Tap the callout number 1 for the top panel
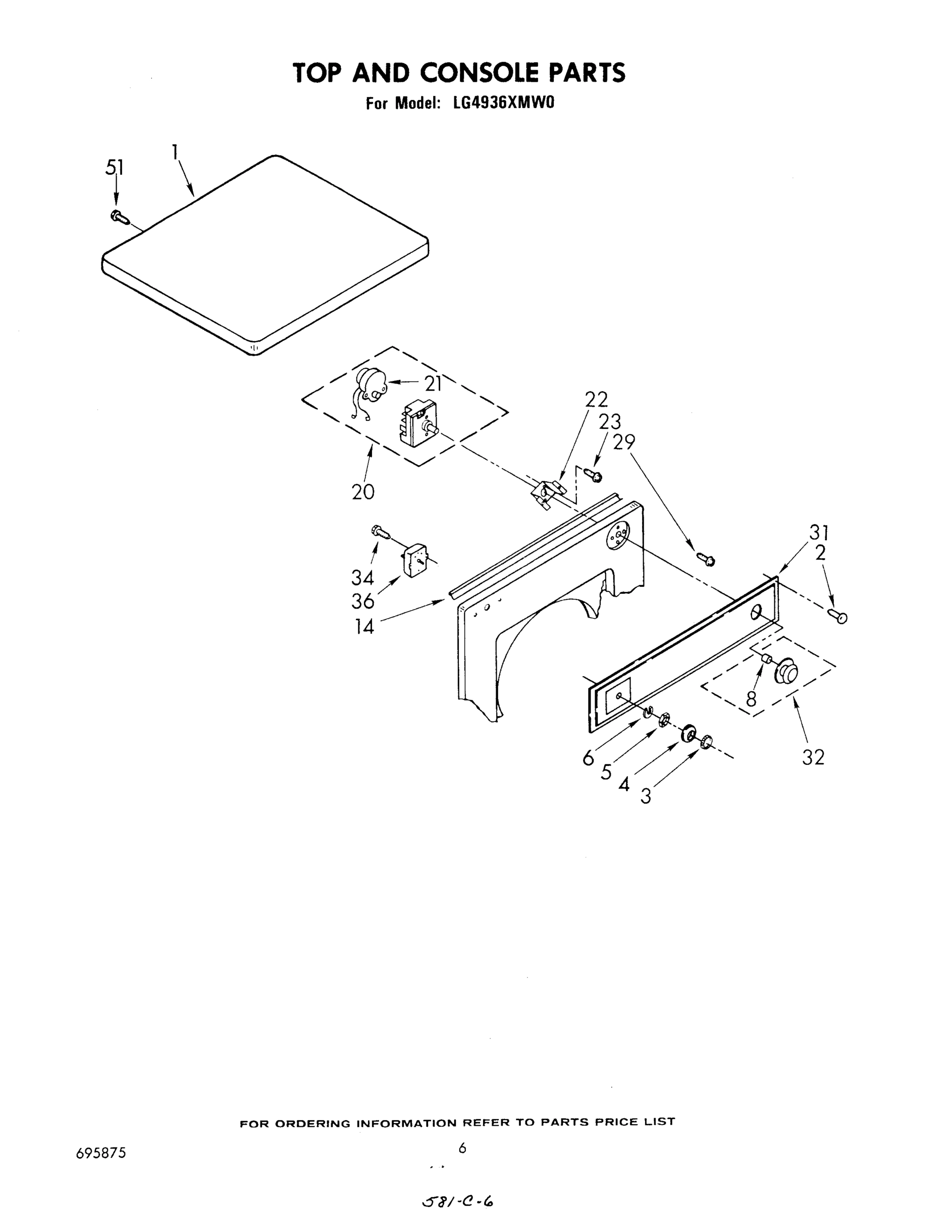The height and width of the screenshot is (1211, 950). (x=175, y=152)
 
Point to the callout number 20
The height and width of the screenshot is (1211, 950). (x=363, y=491)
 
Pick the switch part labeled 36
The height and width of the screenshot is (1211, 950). (x=413, y=561)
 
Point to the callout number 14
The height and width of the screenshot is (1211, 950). (x=365, y=627)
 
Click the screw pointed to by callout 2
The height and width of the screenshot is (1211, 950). (x=837, y=616)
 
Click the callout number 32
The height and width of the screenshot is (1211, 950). (x=813, y=757)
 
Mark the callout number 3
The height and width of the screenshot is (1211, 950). (x=645, y=797)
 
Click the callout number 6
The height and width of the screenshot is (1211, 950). (x=588, y=758)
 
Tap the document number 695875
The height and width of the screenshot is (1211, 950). (x=100, y=1152)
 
